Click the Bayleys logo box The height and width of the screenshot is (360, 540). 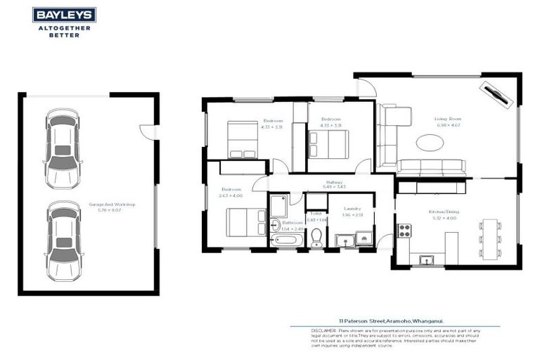point(64,15)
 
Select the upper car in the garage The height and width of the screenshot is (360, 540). point(63,149)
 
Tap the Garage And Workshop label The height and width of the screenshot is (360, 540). point(112,205)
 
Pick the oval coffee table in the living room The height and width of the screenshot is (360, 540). point(430,143)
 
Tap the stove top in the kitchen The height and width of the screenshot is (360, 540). point(405,231)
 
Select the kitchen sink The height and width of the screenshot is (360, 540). point(426,260)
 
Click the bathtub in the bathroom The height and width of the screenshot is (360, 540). point(286,241)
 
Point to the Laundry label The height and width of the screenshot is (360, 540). point(353,209)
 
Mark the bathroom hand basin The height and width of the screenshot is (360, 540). point(274,226)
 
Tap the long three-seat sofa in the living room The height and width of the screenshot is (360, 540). point(431,167)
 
